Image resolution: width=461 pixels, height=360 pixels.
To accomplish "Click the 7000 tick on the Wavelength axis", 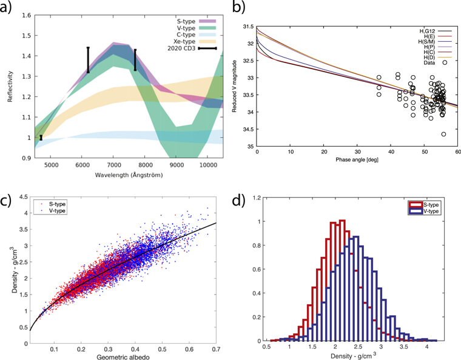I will coord(113,164).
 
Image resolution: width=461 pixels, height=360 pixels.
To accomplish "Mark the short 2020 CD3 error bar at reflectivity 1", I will coord(41,138).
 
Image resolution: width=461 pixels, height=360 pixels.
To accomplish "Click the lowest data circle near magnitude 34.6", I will coord(443,134).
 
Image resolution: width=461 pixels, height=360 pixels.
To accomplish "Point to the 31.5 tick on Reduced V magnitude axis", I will coord(247,27).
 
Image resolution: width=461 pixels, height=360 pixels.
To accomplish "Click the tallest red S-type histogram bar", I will coord(342,221).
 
